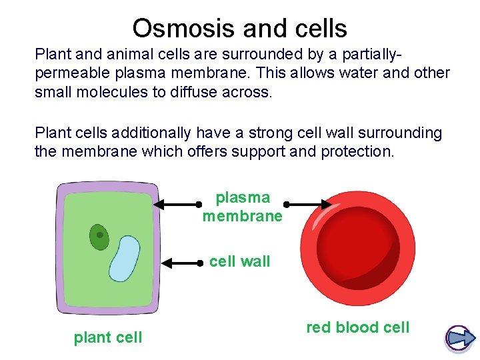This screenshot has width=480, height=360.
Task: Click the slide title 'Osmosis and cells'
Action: click(x=239, y=28)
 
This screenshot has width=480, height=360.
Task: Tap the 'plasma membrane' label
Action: click(x=242, y=207)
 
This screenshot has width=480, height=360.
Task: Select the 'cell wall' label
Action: click(x=240, y=261)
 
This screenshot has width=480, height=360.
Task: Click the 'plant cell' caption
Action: click(x=108, y=337)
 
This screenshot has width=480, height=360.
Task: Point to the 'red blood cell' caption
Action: click(x=358, y=327)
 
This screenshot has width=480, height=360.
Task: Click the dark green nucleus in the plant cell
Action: click(x=99, y=236)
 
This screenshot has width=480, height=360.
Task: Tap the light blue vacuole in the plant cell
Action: click(x=124, y=259)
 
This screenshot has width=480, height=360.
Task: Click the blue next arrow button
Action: click(x=459, y=339)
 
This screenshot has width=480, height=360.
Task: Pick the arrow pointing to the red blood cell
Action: click(x=308, y=205)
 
